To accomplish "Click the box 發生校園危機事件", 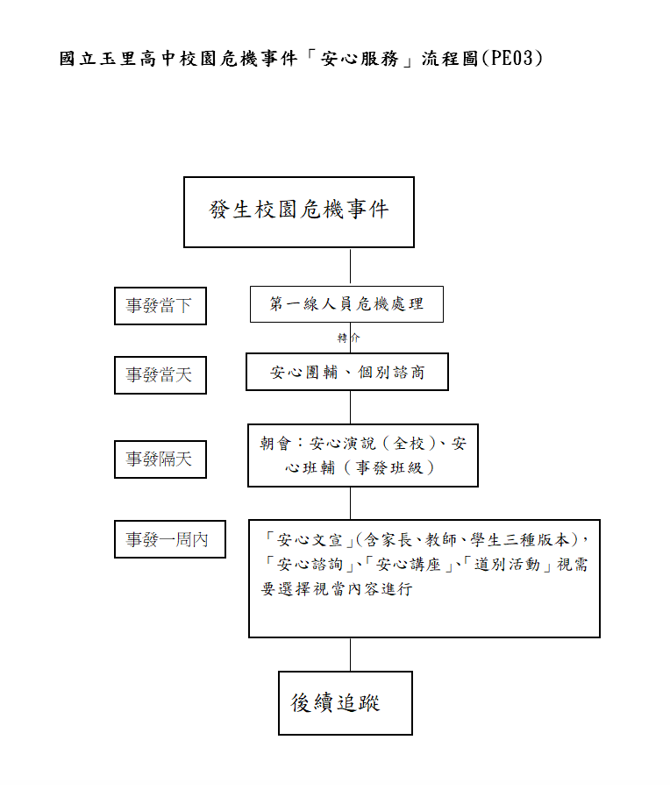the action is tap(299, 212).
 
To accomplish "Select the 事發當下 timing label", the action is tap(160, 306).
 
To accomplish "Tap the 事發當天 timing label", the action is tap(160, 375).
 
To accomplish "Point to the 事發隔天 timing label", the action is tap(160, 459).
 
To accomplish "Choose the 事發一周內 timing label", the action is tap(170, 539).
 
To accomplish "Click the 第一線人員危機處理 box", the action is tap(346, 304).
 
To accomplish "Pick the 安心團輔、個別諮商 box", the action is tap(347, 372).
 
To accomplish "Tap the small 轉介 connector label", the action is tap(349, 338).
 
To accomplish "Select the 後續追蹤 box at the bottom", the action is tap(345, 703).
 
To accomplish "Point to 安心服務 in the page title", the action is tap(360, 59).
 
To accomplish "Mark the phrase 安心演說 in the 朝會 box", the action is tap(343, 444).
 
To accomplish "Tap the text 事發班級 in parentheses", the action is tap(389, 467).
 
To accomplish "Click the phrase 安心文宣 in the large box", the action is tap(310, 539).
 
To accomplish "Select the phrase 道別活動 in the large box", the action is tap(507, 565).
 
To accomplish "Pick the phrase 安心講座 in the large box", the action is tap(408, 565).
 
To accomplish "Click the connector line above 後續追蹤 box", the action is tap(350, 654).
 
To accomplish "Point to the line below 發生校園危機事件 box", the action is tap(350, 267).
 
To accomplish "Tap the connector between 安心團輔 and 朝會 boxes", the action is tap(350, 407).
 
